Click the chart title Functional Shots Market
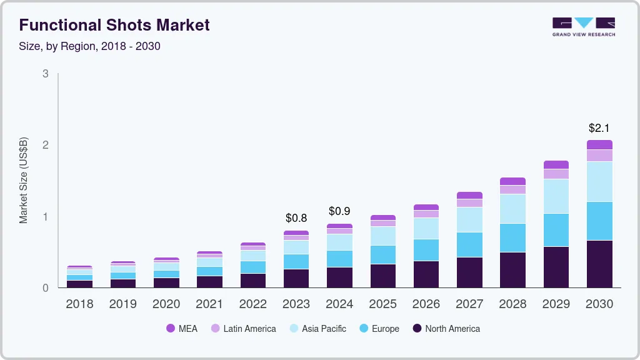(114, 26)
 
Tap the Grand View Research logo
(583, 27)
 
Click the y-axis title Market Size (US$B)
(24, 181)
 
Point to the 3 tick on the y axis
(45, 74)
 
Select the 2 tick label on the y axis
(45, 145)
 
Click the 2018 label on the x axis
(79, 304)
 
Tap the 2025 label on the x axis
(382, 304)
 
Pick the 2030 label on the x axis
(599, 304)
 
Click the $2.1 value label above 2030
(599, 128)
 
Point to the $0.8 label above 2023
(296, 218)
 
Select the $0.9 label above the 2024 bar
(339, 211)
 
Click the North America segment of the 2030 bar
(599, 264)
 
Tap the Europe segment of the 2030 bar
(599, 221)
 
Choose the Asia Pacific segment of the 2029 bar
(556, 196)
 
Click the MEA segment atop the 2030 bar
(599, 144)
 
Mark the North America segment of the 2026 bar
(426, 274)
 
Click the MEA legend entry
(182, 329)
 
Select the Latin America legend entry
(243, 329)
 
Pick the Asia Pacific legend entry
(317, 329)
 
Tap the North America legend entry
(446, 329)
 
